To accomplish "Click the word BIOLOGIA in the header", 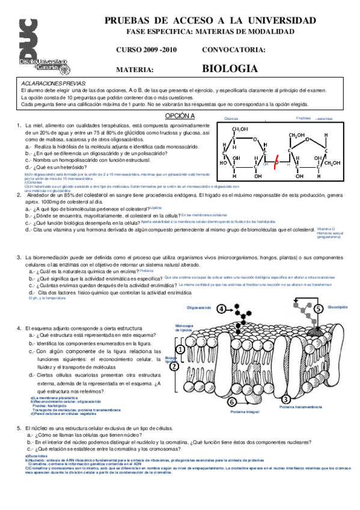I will (230, 69).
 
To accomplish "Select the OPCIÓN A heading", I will (180, 115).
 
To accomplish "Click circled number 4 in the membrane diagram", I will (222, 309).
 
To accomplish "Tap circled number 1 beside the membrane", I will (178, 349).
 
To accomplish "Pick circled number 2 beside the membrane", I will (174, 366).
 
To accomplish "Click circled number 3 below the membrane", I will (286, 399).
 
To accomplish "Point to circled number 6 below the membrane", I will (231, 401).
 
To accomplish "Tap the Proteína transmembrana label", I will (299, 407).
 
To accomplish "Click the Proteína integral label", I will (244, 412).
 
